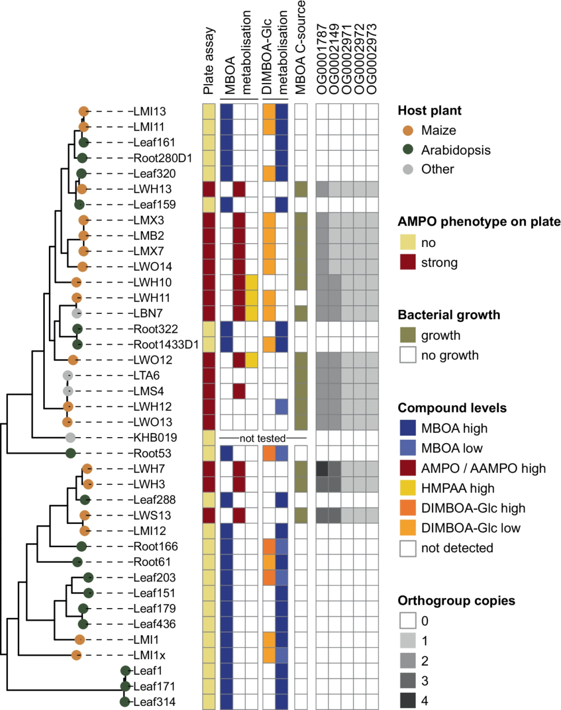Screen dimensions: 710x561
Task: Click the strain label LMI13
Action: (150, 111)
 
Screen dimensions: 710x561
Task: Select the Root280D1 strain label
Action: (163, 158)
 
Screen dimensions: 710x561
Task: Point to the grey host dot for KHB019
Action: (71, 438)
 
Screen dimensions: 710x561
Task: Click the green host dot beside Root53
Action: (71, 453)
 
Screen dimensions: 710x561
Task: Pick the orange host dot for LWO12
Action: (73, 360)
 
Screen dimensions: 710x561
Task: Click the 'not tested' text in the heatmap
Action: (262, 438)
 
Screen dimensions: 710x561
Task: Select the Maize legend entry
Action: (438, 130)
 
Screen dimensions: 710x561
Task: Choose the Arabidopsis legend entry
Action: (456, 150)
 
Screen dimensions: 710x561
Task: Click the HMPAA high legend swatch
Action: (408, 488)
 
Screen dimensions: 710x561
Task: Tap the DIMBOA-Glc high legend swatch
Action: (408, 508)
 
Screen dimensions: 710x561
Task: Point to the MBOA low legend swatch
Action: (408, 448)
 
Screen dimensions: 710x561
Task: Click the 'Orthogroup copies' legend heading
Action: (456, 601)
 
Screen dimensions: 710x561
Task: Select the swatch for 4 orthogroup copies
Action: (408, 700)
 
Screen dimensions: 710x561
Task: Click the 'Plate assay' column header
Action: (209, 61)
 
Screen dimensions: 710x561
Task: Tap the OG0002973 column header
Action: (372, 59)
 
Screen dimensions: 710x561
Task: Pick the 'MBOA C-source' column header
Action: (301, 48)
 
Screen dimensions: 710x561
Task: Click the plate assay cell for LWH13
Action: (209, 189)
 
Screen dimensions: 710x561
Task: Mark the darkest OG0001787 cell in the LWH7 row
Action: (322, 469)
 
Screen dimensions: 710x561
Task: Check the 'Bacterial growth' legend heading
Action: (449, 315)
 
